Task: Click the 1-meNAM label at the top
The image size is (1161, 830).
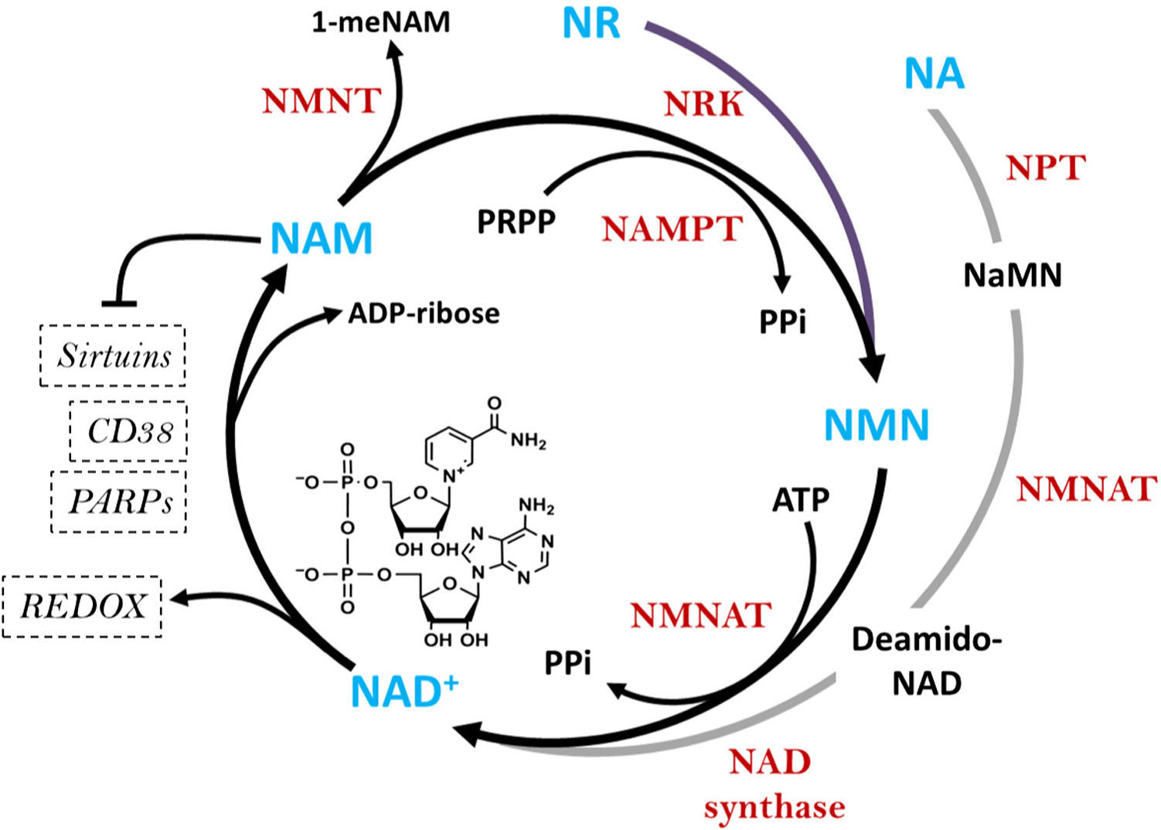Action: pos(381,22)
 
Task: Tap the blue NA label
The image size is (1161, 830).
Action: pos(935,74)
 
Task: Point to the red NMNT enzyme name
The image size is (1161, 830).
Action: pos(322,100)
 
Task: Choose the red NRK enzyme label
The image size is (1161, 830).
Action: pos(703,104)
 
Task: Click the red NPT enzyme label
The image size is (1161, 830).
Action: pos(1046,167)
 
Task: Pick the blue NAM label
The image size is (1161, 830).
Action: pos(322,238)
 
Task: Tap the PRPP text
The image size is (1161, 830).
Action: pos(516,222)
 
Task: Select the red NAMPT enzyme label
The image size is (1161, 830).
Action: pos(672,229)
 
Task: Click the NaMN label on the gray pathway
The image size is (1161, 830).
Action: pos(1013,275)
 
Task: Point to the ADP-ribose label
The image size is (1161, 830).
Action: pos(424,313)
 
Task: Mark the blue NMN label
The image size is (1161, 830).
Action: pos(877,425)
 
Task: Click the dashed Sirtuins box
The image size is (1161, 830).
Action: pos(113,355)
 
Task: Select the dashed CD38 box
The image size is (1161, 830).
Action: pos(128,431)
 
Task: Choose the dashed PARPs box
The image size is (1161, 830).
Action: pos(119,502)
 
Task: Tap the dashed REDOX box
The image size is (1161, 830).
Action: pos(83,607)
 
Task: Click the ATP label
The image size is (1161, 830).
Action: pos(801,500)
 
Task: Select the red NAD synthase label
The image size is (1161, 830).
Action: pos(773,784)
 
